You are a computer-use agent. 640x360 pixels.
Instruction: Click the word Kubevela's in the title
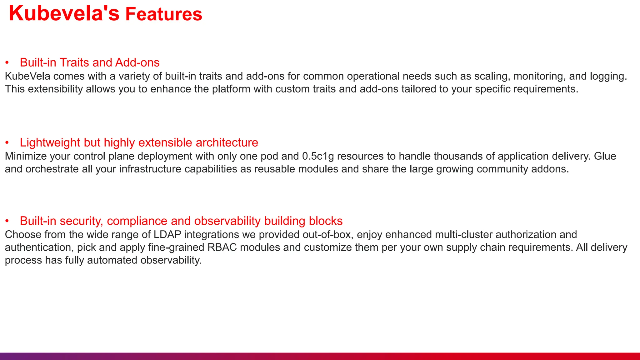pyautogui.click(x=64, y=14)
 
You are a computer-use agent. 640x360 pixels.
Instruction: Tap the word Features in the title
pyautogui.click(x=164, y=14)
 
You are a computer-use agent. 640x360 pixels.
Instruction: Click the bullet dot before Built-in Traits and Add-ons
pyautogui.click(x=7, y=63)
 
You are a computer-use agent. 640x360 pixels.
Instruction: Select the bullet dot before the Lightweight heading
pyautogui.click(x=7, y=143)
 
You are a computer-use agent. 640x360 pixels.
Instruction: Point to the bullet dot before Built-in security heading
pyautogui.click(x=7, y=221)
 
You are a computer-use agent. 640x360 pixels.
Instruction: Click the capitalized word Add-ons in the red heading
pyautogui.click(x=137, y=62)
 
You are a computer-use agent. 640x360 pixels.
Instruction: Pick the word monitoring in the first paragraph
pyautogui.click(x=539, y=76)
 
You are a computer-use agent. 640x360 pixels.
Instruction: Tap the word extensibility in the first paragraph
pyautogui.click(x=55, y=89)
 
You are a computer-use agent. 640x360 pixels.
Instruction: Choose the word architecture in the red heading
pyautogui.click(x=227, y=143)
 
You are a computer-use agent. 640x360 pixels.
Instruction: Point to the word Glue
pyautogui.click(x=605, y=156)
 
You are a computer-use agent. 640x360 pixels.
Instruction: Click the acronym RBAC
pyautogui.click(x=222, y=247)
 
